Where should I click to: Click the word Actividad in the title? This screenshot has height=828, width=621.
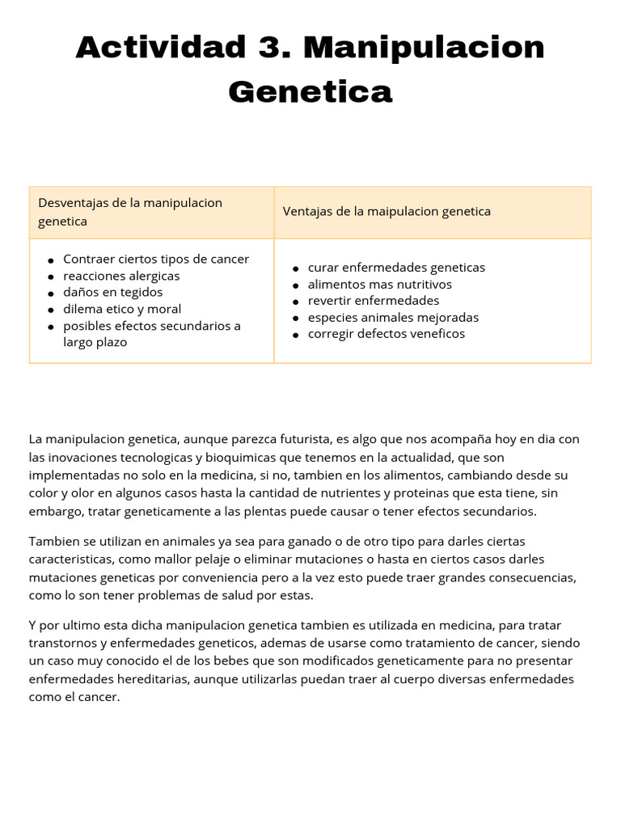(x=160, y=48)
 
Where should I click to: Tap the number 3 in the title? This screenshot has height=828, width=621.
(x=268, y=48)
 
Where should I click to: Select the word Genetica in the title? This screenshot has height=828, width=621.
(x=310, y=91)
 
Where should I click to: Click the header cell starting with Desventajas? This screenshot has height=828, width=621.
(x=151, y=212)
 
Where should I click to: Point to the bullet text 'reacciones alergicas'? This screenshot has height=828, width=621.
(x=121, y=276)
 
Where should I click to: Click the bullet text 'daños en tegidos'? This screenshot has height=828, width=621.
(x=112, y=292)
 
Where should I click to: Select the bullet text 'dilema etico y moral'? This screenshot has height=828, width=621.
(x=122, y=309)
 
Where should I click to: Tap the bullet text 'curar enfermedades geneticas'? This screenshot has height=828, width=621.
(x=396, y=268)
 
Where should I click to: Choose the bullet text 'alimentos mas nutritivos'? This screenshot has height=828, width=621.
(x=379, y=285)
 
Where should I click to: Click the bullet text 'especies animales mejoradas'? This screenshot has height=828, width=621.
(x=393, y=317)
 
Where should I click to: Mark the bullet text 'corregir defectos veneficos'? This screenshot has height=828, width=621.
(x=386, y=334)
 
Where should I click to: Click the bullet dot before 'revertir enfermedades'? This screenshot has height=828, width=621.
(x=297, y=302)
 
